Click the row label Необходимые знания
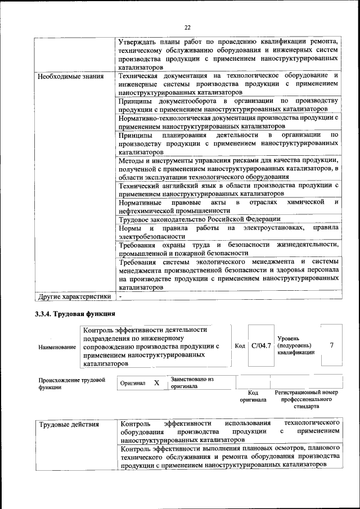click(x=70, y=76)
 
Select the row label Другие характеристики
click(x=74, y=296)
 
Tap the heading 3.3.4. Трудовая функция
click(x=75, y=314)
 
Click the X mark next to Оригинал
click(x=157, y=382)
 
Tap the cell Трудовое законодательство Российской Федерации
click(x=199, y=219)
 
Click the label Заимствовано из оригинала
click(x=192, y=382)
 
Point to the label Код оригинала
click(x=253, y=396)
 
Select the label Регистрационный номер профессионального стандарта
click(x=305, y=398)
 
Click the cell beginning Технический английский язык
click(x=228, y=189)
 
